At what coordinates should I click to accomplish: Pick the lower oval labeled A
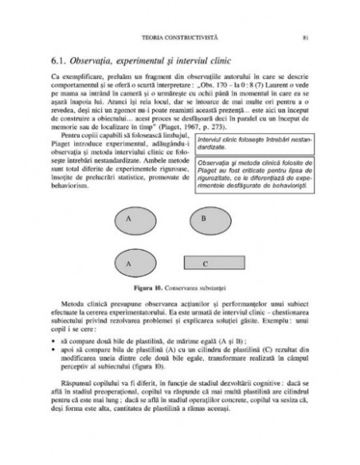click(x=127, y=261)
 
